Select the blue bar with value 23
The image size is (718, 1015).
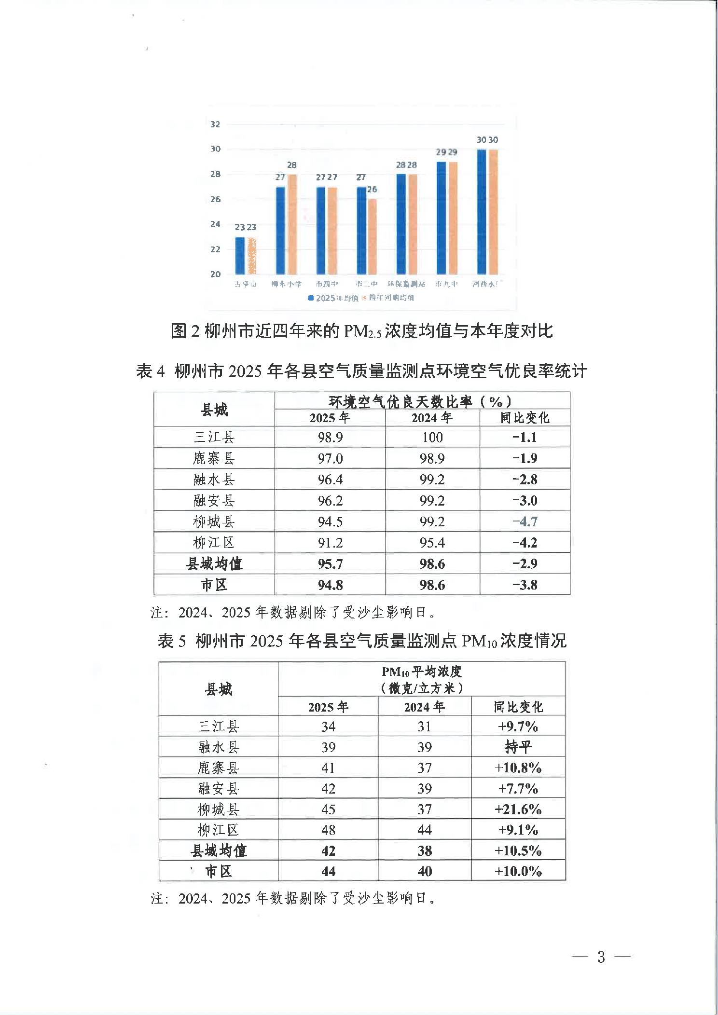(x=240, y=256)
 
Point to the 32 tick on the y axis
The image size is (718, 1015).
(x=215, y=124)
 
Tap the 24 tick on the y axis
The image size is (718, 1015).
(x=215, y=224)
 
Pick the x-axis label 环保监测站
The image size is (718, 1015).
(x=406, y=284)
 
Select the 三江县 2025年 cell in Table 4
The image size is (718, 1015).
(x=330, y=438)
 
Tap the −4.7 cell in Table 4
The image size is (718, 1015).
(x=525, y=521)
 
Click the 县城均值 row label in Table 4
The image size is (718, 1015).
(x=214, y=563)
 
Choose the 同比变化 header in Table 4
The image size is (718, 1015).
(x=525, y=418)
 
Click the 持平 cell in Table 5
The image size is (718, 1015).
(x=518, y=747)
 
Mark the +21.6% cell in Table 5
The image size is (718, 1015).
(x=518, y=809)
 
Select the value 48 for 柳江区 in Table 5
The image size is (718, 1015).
(x=328, y=830)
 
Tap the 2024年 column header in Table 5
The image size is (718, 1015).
(x=424, y=707)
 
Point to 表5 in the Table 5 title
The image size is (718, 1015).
(x=172, y=641)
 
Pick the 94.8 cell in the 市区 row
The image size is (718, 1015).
(x=330, y=585)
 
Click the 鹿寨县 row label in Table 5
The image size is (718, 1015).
(x=218, y=768)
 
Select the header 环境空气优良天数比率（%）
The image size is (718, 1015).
(x=422, y=401)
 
